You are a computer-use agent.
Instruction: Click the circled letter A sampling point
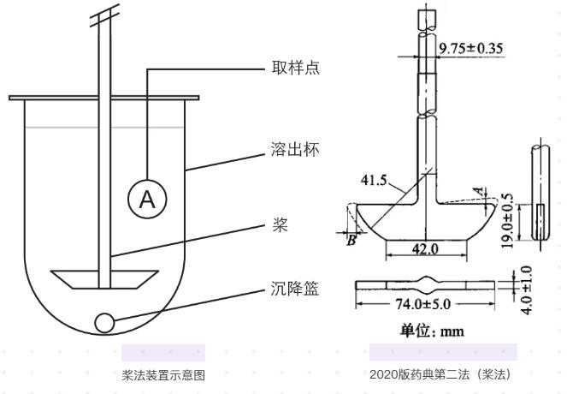148,200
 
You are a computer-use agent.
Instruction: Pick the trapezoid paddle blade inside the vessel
103,279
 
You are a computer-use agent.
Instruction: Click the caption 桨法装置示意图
162,373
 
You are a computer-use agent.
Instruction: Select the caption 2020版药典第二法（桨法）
443,373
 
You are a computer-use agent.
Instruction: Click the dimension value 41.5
374,181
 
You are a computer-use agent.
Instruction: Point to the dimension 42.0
424,248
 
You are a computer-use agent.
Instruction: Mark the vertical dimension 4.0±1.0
527,289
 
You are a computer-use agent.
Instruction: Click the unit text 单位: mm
432,330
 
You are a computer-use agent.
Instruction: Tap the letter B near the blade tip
351,241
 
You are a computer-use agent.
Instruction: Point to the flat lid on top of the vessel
103,97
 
